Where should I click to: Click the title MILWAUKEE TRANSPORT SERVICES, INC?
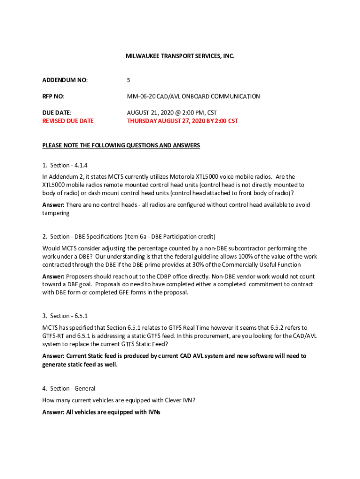click(180, 56)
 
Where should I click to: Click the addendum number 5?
click(129, 80)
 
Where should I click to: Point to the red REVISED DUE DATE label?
click(68, 121)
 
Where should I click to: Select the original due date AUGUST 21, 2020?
click(149, 113)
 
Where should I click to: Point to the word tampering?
click(56, 213)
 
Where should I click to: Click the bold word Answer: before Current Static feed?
click(54, 356)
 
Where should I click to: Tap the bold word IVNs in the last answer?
click(154, 412)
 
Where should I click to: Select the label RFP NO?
click(53, 96)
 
